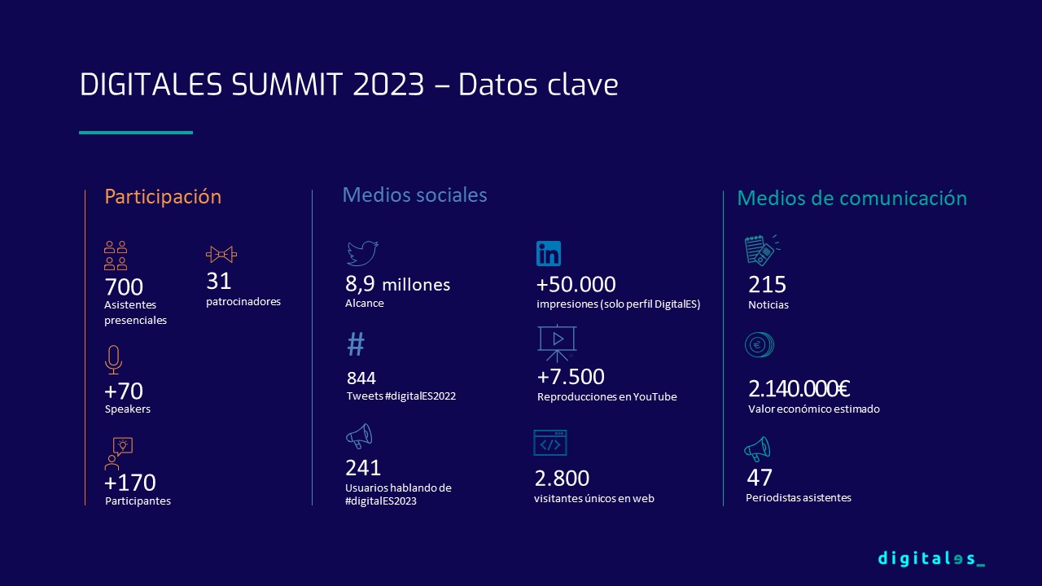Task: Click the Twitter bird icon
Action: pos(362,253)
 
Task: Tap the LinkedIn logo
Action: pos(549,253)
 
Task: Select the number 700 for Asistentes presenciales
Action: pos(124,287)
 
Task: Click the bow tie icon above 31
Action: pos(221,255)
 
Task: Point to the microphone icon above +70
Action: pos(113,360)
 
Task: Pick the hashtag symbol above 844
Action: pos(356,344)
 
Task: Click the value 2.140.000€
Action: pos(799,389)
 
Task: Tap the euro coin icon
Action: pos(760,344)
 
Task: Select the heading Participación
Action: pos(163,197)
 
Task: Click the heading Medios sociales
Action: pos(414,195)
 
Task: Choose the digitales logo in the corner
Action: pos(931,558)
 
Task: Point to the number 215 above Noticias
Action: pos(767,285)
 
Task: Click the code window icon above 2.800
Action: pos(549,443)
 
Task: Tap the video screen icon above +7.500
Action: pos(558,343)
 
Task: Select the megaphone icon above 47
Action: pos(757,449)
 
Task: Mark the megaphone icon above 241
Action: pos(359,436)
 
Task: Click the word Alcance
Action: pos(364,304)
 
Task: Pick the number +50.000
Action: pos(576,285)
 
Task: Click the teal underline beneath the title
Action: pos(136,133)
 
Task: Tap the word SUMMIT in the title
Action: pos(287,85)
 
